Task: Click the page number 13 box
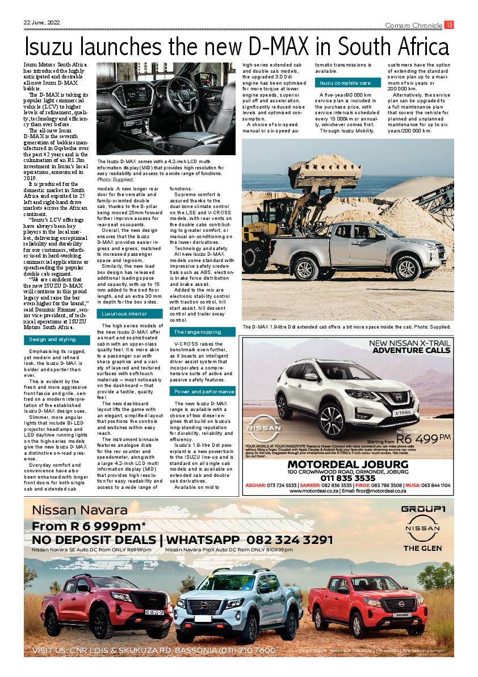point(449,24)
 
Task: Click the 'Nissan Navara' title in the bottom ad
point(80,510)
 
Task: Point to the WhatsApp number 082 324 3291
point(290,539)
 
